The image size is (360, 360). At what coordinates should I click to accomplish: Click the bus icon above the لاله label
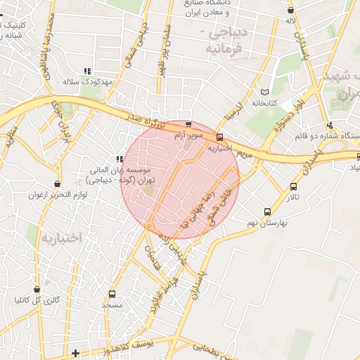click(x=291, y=10)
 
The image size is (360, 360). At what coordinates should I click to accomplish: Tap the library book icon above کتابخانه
click(x=264, y=92)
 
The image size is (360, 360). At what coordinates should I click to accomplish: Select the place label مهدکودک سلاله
click(x=87, y=82)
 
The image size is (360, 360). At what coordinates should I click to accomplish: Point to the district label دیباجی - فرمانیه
click(x=224, y=42)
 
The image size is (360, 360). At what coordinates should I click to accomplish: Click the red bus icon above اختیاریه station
click(x=220, y=137)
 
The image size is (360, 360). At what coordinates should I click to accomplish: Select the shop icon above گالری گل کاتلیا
click(x=37, y=290)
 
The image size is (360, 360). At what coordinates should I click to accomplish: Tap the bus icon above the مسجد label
click(x=112, y=295)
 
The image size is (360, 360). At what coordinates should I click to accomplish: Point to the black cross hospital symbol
click(x=76, y=352)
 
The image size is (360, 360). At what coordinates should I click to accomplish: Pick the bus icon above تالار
click(x=293, y=187)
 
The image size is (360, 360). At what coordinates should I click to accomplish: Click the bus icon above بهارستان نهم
click(x=267, y=212)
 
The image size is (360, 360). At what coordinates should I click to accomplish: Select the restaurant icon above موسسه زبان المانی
click(x=119, y=160)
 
